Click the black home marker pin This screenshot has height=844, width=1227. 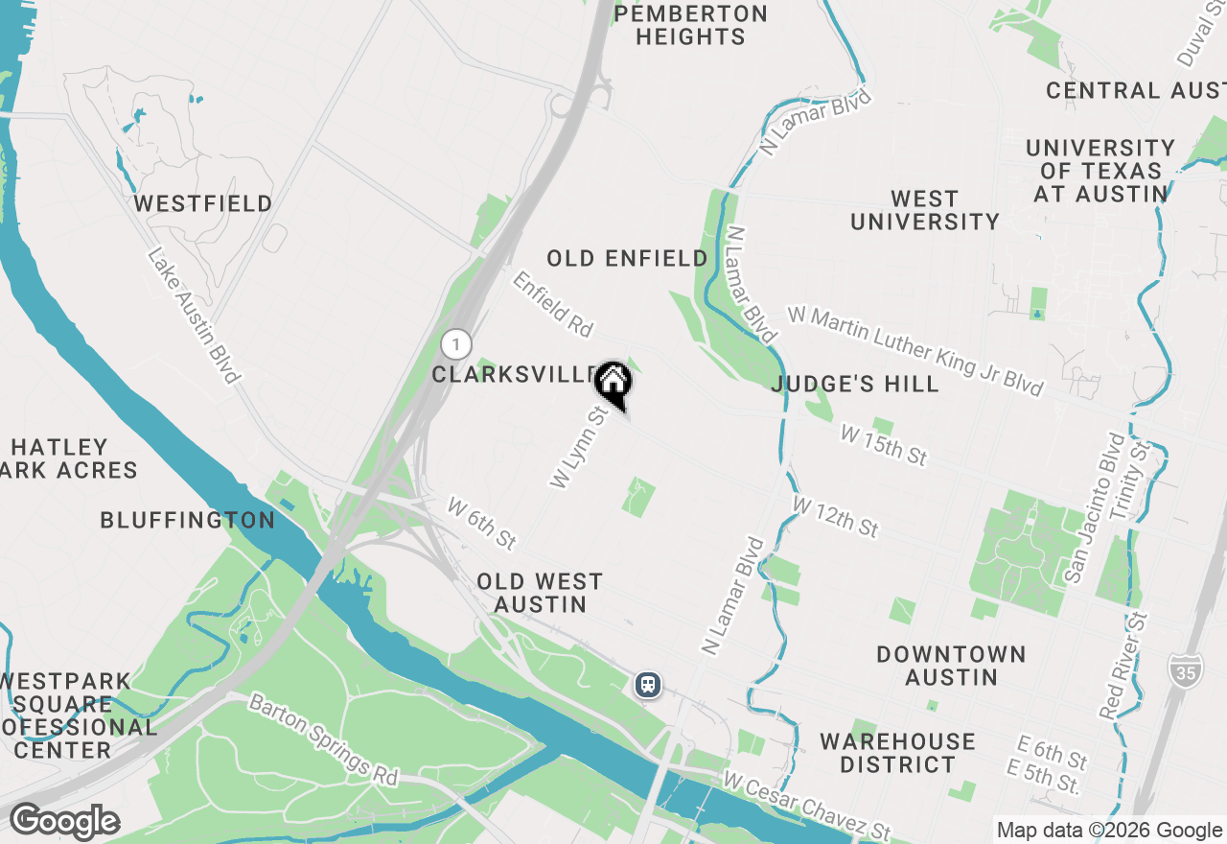(x=613, y=385)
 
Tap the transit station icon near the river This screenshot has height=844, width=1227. (x=648, y=685)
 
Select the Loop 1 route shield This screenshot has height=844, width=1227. (x=457, y=344)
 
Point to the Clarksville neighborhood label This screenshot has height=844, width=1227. (x=514, y=374)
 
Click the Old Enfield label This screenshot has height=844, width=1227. (x=628, y=258)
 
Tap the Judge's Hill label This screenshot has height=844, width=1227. (x=855, y=385)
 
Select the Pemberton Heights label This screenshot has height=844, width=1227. (x=690, y=26)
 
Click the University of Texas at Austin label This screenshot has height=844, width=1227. (x=1100, y=171)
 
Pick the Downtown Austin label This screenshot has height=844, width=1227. (x=951, y=666)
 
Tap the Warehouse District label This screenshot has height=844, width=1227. (x=897, y=753)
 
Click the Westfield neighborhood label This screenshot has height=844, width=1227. (x=203, y=203)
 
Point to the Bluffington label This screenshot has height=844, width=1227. (x=188, y=520)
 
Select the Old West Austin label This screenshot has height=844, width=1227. (x=540, y=593)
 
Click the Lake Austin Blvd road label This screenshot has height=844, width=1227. (x=194, y=316)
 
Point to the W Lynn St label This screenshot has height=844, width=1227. (x=579, y=447)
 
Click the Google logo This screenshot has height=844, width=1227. (x=64, y=822)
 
